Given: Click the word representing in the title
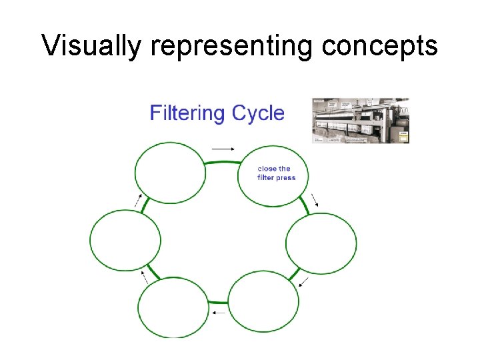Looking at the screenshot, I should click(x=231, y=45).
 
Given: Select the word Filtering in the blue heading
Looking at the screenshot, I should click(x=187, y=113).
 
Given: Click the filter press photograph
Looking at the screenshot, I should click(x=361, y=121).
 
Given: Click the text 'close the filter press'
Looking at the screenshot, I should click(x=276, y=173).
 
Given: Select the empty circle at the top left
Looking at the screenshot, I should click(x=170, y=172).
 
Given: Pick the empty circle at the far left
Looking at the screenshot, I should click(x=125, y=240).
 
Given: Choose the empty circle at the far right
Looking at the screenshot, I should click(x=321, y=243).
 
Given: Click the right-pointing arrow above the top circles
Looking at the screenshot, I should click(x=223, y=148).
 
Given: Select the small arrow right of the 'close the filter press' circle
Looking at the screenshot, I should click(x=314, y=200).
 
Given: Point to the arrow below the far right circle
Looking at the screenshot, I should click(x=303, y=281).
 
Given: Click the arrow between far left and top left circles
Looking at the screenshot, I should click(x=138, y=201).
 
